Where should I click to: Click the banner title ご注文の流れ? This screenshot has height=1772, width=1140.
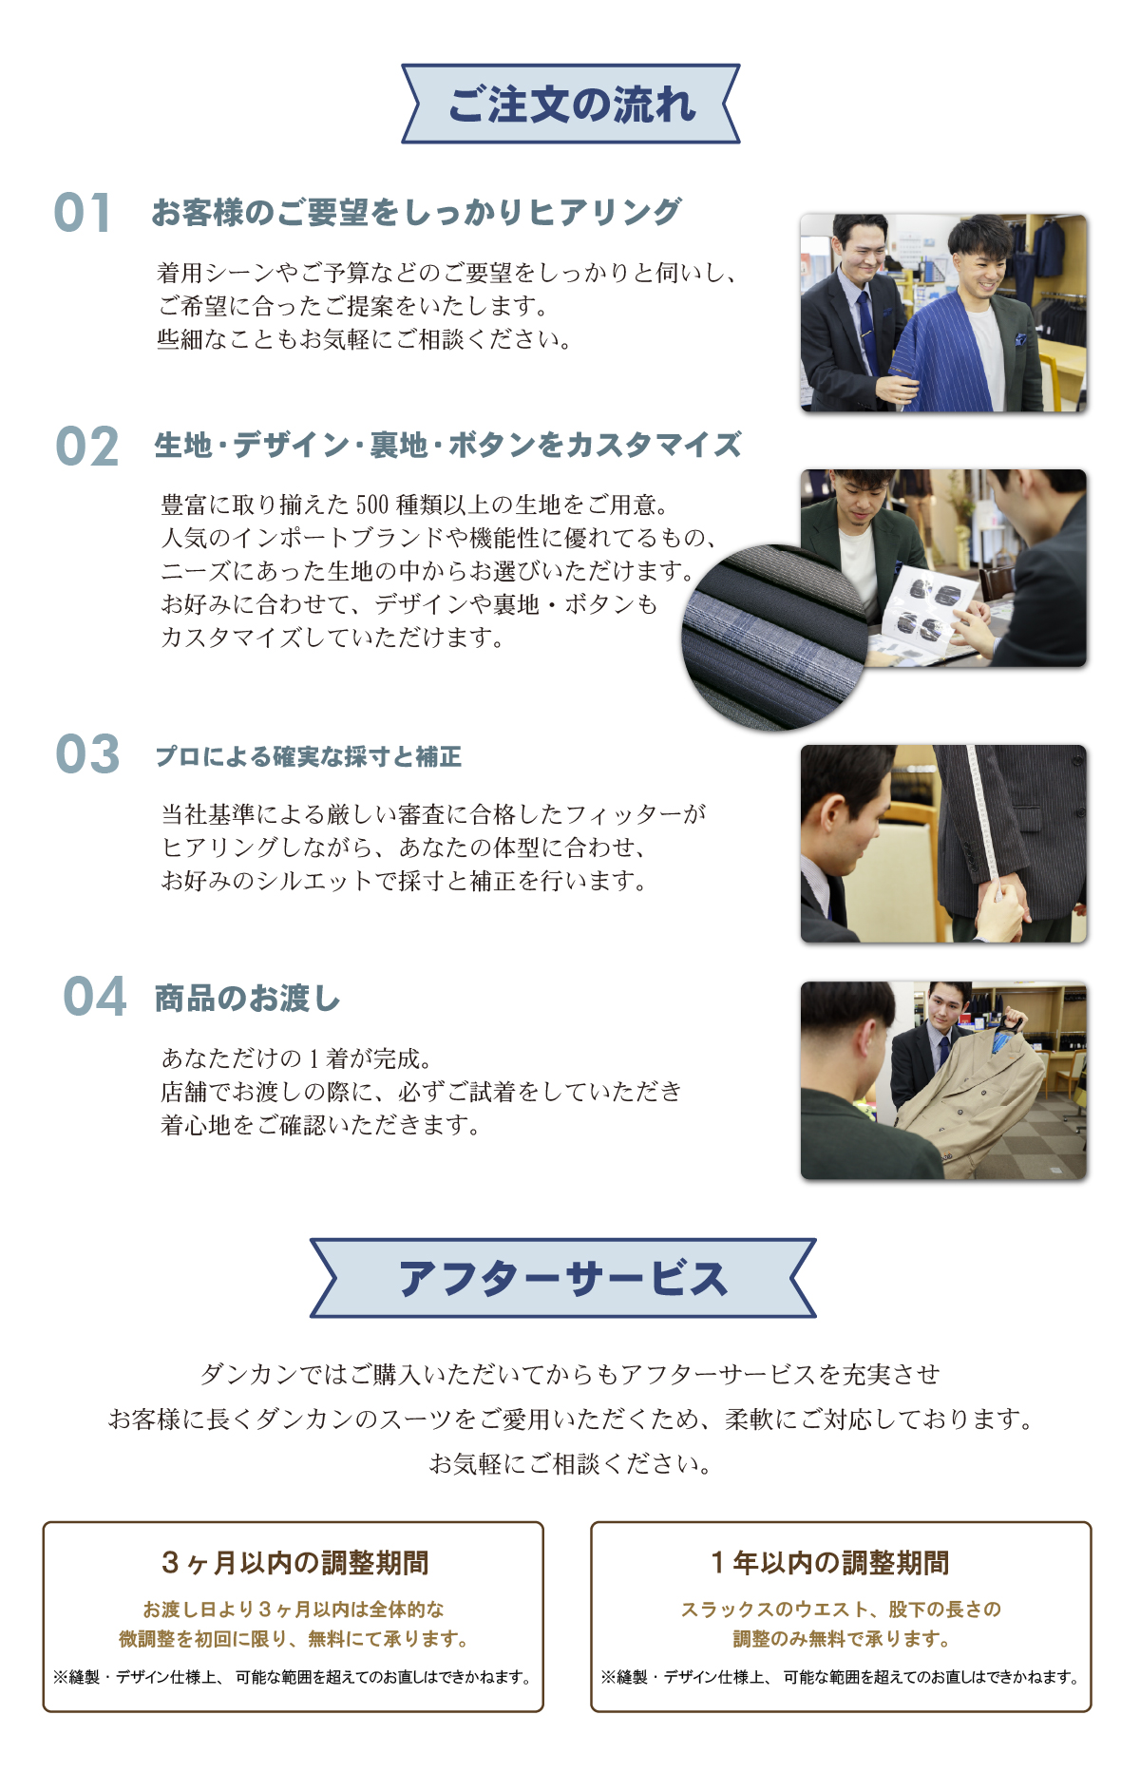click(x=571, y=105)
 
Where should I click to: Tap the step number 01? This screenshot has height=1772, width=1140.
click(x=83, y=212)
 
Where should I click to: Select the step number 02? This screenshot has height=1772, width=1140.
click(x=86, y=447)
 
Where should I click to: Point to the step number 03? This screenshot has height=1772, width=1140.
click(x=87, y=754)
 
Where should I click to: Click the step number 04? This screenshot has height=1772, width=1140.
click(x=94, y=997)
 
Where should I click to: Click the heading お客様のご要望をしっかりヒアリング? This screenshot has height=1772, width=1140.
click(x=416, y=212)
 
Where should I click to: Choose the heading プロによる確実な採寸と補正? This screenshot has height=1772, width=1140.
click(x=309, y=756)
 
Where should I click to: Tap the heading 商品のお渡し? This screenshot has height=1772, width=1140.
click(x=247, y=999)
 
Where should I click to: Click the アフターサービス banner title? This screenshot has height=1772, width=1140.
click(x=562, y=1279)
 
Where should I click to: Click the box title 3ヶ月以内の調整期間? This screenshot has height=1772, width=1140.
click(x=294, y=1563)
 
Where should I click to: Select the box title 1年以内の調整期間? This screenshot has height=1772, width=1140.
click(x=830, y=1563)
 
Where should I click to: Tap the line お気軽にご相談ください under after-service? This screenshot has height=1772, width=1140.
click(x=570, y=1464)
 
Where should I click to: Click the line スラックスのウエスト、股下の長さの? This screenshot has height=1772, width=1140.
click(x=841, y=1610)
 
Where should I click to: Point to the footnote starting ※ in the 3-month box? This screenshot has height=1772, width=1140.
click(x=293, y=1678)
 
